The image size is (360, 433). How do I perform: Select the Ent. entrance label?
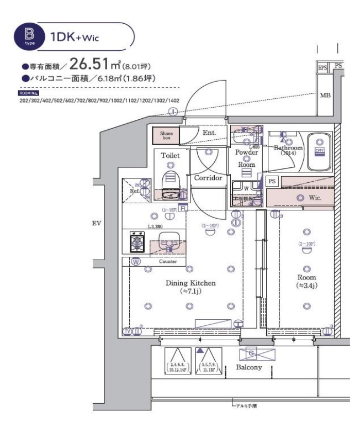(209, 133)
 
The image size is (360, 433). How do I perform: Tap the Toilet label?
(170, 156)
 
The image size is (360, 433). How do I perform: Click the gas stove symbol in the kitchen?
(137, 241)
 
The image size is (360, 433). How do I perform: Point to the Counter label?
(168, 262)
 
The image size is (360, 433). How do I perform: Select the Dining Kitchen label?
(190, 283)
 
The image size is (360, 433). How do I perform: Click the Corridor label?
(208, 178)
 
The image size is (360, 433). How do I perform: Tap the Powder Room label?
(246, 158)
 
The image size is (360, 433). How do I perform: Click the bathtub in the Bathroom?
(319, 152)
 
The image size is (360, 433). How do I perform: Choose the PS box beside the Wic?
(272, 181)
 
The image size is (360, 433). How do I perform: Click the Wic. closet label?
(314, 197)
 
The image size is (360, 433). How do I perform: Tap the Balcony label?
(248, 367)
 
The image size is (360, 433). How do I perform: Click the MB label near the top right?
(324, 95)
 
